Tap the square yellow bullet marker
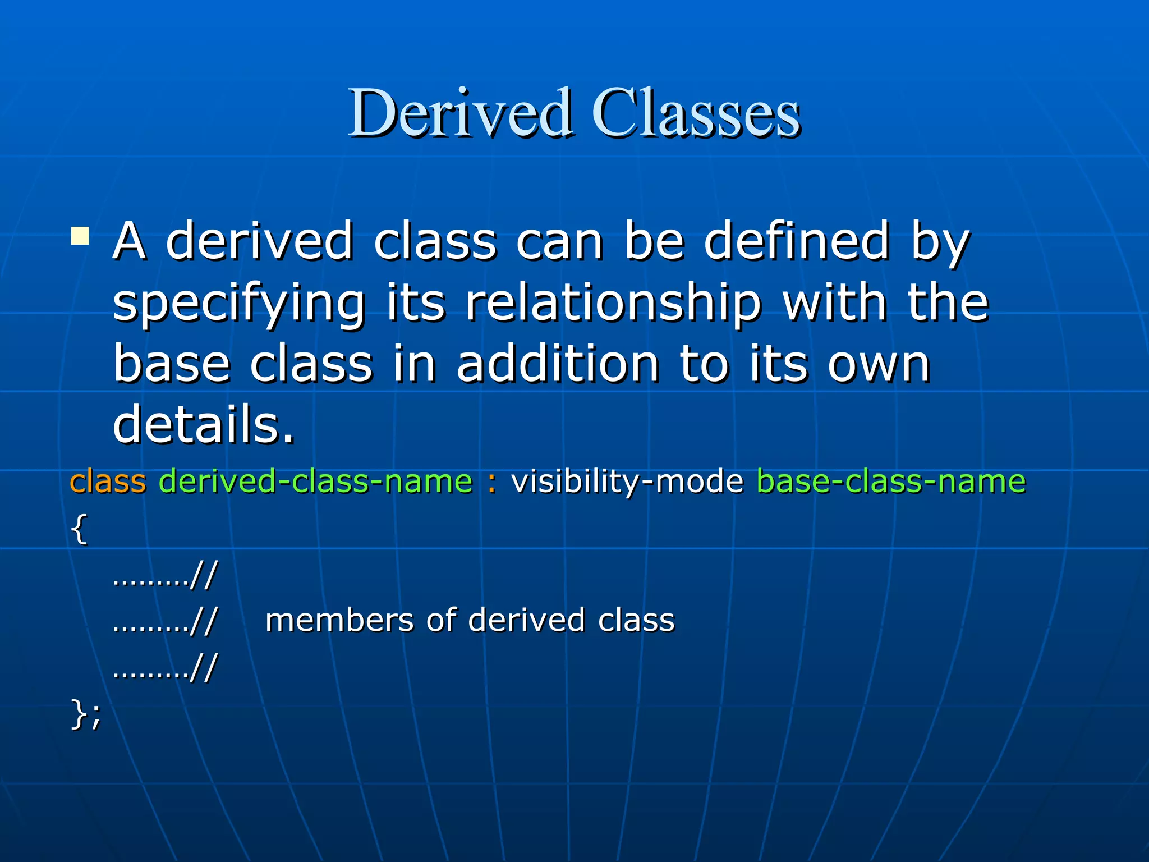click(80, 236)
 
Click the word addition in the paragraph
click(558, 365)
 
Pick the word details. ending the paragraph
click(203, 425)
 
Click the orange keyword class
click(108, 482)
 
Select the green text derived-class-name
click(316, 482)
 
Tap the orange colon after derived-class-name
click(492, 482)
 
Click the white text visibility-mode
click(627, 482)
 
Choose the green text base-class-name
click(891, 482)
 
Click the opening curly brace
click(79, 529)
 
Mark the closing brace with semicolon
click(85, 714)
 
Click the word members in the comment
click(339, 621)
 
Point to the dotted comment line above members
click(164, 576)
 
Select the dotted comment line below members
click(164, 668)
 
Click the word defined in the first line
click(797, 242)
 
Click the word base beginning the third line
click(172, 365)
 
